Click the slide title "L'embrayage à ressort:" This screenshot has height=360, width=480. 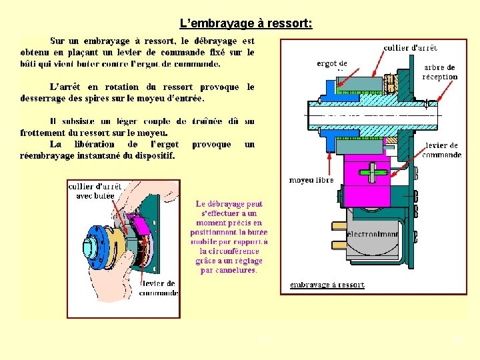pos(246,24)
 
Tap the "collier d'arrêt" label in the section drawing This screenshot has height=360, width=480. pos(411,48)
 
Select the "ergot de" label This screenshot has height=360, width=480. pos(331,64)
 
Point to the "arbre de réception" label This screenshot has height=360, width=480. pos(440,72)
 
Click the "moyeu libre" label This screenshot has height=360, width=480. pos(311,180)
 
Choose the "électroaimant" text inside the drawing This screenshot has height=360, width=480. pos(373,235)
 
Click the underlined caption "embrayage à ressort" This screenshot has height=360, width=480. pos(327,285)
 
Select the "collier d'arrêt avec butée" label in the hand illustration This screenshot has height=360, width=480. pos(95,191)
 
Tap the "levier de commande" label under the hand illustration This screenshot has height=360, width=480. pos(159,288)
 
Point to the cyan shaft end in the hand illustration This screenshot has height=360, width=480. pos(87,247)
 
